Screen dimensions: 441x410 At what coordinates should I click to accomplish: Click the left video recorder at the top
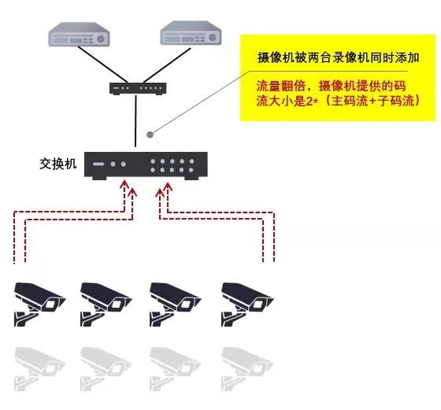[79, 35]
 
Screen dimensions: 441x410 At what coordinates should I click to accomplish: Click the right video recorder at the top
[191, 33]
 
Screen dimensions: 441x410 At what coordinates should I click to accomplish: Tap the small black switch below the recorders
[138, 88]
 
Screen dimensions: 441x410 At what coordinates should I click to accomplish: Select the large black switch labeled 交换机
[146, 165]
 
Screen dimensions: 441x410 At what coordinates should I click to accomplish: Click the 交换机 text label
[58, 164]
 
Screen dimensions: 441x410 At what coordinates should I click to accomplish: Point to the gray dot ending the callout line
[150, 135]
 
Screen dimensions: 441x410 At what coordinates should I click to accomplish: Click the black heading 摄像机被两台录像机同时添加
[339, 58]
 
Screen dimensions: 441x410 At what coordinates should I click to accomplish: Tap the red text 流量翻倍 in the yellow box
[280, 86]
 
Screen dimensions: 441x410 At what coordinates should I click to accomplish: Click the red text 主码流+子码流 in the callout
[373, 101]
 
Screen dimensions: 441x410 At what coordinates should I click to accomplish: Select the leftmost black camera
[39, 304]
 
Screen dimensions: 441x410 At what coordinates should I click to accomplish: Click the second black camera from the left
[106, 304]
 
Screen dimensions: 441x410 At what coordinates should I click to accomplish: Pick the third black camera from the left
[176, 304]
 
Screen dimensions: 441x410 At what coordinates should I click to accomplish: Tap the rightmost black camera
[247, 304]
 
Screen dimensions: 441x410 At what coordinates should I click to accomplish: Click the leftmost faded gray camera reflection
[39, 369]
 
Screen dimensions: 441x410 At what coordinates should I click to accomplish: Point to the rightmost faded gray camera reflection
[247, 369]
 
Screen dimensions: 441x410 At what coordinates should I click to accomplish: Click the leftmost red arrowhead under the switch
[124, 185]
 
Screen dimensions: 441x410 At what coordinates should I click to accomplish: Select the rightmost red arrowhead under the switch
[168, 187]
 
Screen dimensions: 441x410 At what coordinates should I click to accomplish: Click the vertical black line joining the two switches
[135, 121]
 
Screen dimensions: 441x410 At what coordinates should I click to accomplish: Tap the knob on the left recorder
[101, 39]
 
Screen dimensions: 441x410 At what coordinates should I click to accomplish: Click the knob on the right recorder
[213, 37]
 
